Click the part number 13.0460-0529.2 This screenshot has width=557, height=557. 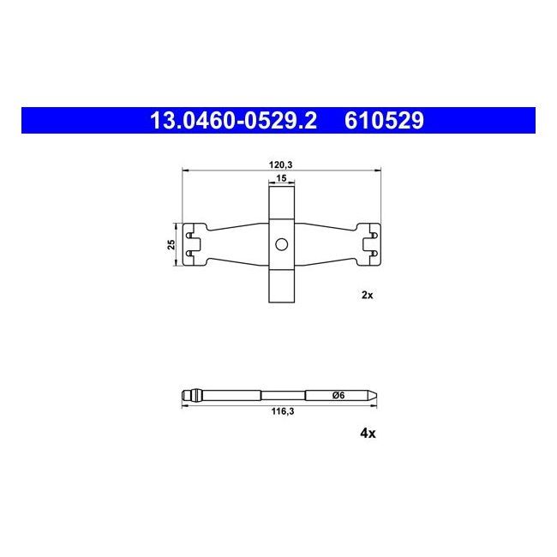[233, 121]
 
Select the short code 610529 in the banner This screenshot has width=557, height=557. [384, 121]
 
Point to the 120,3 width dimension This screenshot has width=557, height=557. [280, 165]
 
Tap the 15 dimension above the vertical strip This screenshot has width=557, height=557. [281, 178]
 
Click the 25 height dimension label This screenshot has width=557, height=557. [171, 244]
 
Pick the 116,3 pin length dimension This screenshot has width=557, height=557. [283, 411]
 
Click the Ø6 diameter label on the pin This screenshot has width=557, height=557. [338, 395]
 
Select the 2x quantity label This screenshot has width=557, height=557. [368, 295]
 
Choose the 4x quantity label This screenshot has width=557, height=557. [368, 433]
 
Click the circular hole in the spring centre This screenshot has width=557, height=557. [282, 244]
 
